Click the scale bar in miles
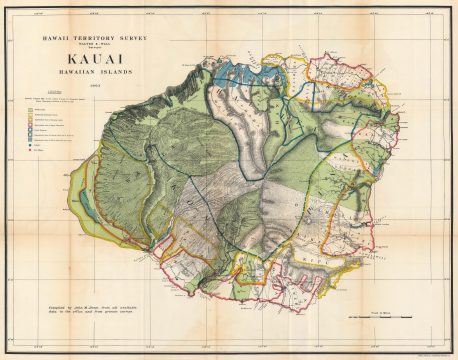(x=380, y=317)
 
